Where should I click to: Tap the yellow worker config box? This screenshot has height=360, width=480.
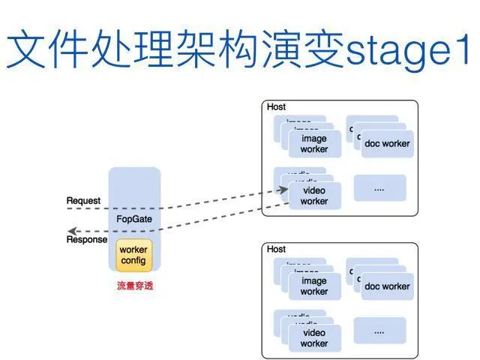[x=134, y=255]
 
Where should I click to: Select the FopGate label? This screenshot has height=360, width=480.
[x=134, y=218]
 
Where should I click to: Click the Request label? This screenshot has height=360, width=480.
[x=83, y=201]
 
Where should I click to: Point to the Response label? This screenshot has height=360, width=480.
[x=87, y=240]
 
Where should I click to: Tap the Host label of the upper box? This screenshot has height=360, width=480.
[x=277, y=107]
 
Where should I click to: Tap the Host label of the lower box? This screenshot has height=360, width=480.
[x=277, y=249]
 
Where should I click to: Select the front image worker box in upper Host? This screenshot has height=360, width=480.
[x=314, y=144]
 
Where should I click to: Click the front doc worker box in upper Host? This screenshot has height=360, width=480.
[x=387, y=143]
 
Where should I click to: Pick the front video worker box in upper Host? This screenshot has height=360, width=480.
[x=314, y=196]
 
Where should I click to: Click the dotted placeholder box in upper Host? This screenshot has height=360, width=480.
[x=379, y=188]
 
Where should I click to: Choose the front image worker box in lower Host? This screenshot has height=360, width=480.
[x=314, y=286]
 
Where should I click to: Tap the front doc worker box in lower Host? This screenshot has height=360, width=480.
[x=387, y=286]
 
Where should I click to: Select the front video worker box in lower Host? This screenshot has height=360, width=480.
[x=314, y=338]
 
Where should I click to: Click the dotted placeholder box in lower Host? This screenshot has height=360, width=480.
[x=379, y=331]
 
